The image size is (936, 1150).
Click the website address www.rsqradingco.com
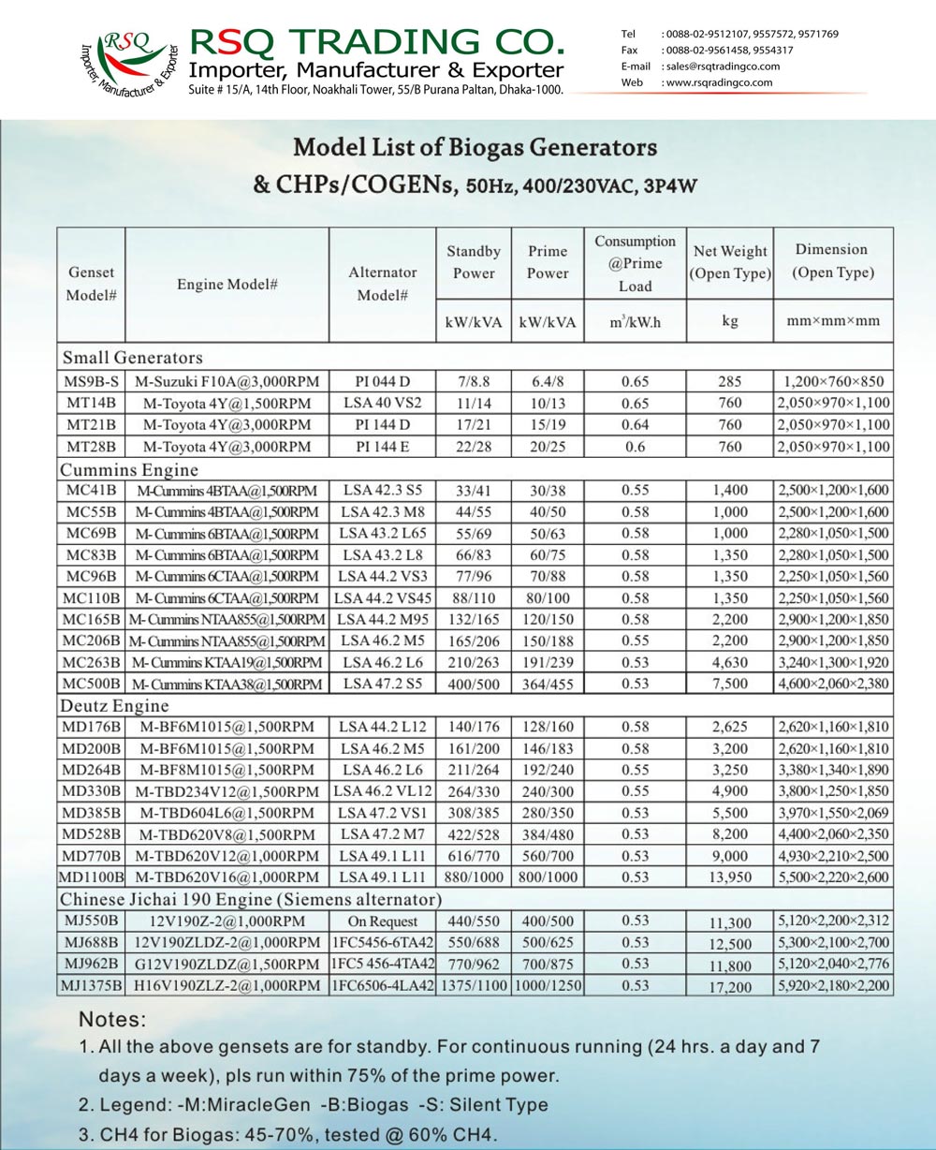tap(719, 82)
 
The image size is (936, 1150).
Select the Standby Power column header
tap(474, 262)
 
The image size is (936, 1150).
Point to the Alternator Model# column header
tap(382, 283)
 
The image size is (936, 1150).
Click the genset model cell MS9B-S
tap(91, 381)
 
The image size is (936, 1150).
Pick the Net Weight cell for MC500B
tap(729, 684)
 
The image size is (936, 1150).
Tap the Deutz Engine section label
tap(115, 705)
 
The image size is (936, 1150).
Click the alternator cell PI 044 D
tap(382, 381)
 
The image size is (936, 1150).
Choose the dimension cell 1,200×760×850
tap(833, 381)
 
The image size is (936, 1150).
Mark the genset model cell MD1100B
tap(91, 877)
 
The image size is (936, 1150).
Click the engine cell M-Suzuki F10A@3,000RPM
tap(227, 381)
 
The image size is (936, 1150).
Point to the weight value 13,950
tap(729, 877)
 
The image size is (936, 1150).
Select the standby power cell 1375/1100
tap(474, 985)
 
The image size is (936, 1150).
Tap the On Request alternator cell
tap(382, 921)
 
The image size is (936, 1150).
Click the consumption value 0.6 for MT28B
tap(635, 447)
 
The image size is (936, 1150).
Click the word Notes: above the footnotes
tap(112, 1019)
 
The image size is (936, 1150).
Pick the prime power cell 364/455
tap(548, 684)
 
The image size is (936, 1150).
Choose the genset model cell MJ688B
tap(91, 942)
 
